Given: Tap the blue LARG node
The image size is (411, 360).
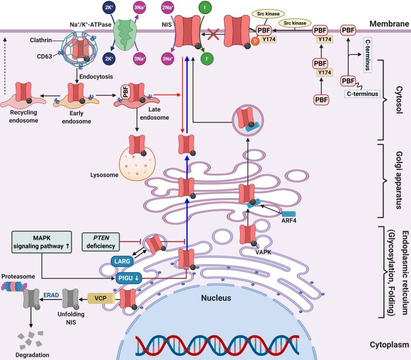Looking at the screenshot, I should click(x=122, y=261).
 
